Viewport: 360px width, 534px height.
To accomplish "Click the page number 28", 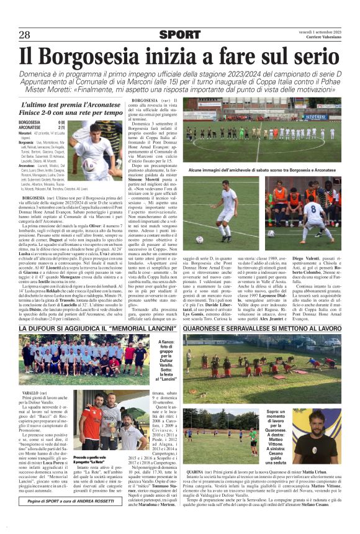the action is click(24, 35).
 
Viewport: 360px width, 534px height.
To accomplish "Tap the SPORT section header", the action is click(180, 35).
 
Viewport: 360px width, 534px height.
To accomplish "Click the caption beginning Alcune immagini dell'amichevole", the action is click(270, 170).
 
